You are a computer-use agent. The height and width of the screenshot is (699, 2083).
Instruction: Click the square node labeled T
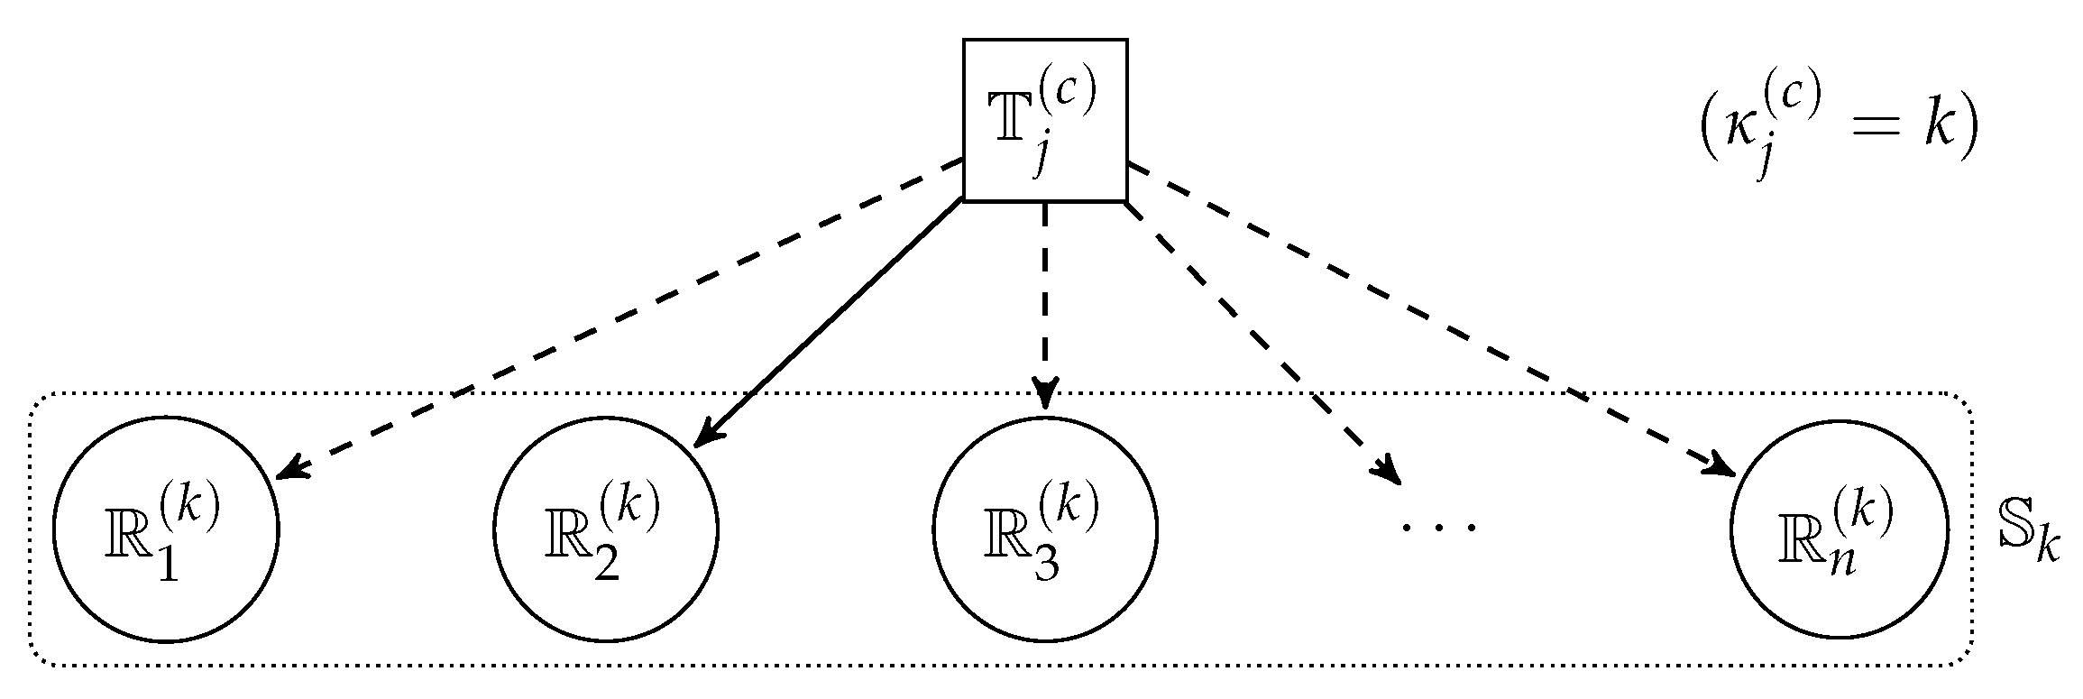click(1044, 120)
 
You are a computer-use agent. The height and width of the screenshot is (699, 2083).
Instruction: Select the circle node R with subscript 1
click(166, 529)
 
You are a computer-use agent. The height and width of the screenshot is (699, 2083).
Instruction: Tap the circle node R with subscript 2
click(605, 529)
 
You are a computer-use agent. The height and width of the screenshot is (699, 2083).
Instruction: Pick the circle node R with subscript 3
click(1044, 529)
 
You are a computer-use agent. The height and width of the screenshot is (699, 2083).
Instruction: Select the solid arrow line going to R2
click(830, 325)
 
